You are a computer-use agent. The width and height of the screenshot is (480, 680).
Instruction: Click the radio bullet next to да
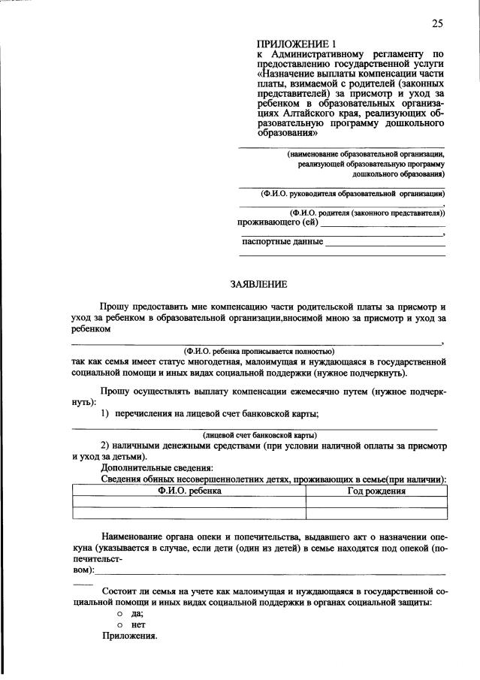119,614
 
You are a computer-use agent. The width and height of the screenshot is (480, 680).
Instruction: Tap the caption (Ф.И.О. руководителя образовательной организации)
352,194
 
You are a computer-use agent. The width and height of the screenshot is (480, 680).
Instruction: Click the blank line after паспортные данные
385,242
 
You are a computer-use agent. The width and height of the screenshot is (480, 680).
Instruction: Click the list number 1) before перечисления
106,413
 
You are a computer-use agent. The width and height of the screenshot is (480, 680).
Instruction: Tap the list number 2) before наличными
106,446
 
